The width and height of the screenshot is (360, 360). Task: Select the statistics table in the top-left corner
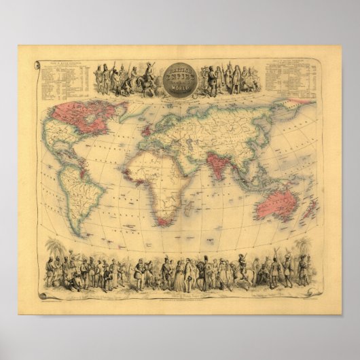[x=65, y=78]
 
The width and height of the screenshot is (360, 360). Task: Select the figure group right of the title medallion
[x=228, y=79]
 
